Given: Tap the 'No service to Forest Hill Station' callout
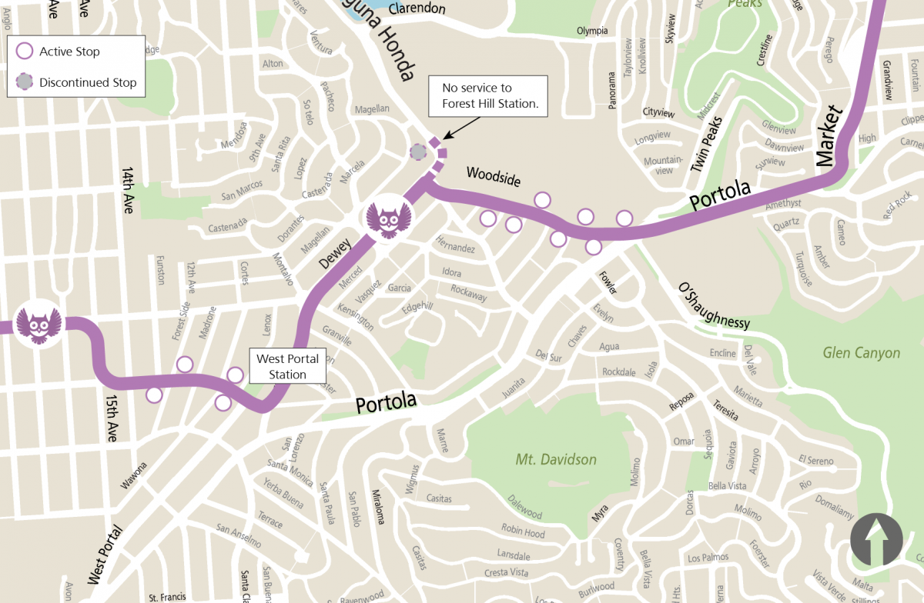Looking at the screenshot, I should click(x=488, y=96).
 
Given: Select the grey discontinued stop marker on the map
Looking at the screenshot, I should click(x=418, y=152).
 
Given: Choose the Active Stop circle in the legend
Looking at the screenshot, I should click(x=25, y=52).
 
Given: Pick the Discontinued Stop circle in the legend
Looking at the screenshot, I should click(x=25, y=82).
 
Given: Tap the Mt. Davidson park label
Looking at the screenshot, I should click(x=556, y=460).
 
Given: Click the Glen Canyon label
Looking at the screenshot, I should click(x=861, y=353).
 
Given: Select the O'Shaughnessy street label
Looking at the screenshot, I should click(x=713, y=307).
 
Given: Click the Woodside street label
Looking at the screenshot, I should click(x=493, y=177).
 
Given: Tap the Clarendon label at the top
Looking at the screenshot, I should click(x=417, y=9).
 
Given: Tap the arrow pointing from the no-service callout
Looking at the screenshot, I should click(x=452, y=132).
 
